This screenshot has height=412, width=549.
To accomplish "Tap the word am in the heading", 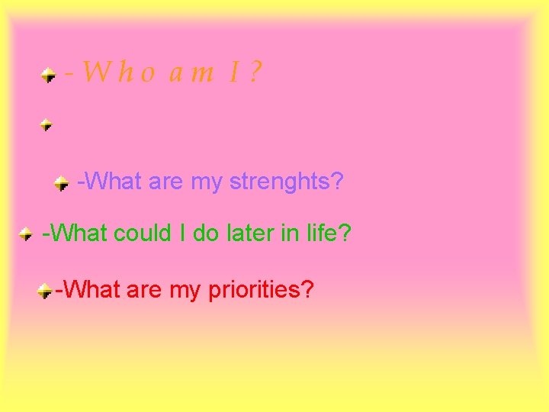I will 191,74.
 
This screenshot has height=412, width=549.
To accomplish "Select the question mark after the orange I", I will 255,72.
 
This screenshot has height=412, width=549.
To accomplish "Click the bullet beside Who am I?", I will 48,75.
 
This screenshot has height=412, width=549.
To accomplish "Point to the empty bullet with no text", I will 47,124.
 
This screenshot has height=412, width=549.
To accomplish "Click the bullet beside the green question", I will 26,233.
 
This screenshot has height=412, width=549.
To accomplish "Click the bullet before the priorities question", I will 46,291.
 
